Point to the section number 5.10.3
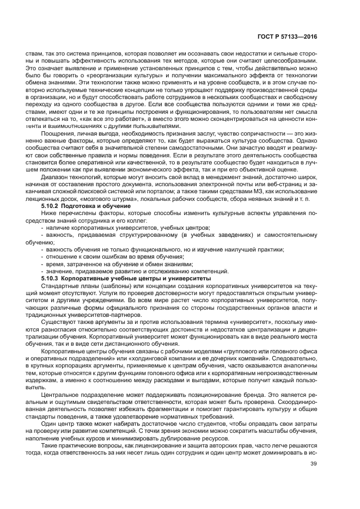(52, 278)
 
